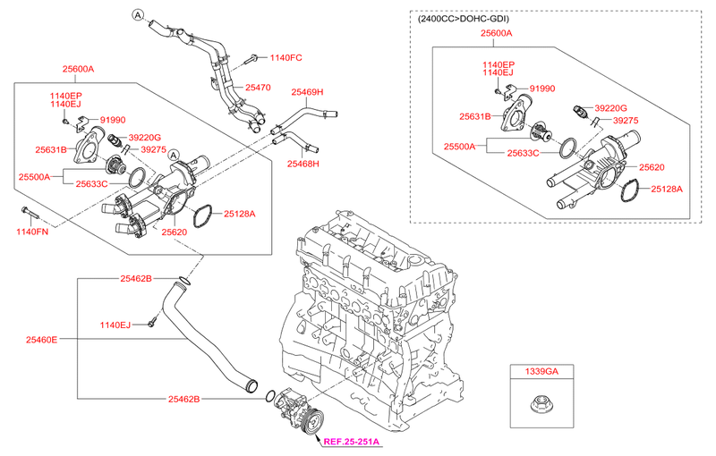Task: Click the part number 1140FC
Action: coord(285,58)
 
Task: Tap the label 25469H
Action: coord(306,92)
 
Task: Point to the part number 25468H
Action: coord(303,164)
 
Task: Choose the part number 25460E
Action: coord(42,340)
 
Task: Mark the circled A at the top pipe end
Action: coord(138,14)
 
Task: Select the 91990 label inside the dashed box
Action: coord(543,89)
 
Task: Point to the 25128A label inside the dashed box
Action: coord(666,190)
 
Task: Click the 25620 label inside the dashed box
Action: coord(651,167)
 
